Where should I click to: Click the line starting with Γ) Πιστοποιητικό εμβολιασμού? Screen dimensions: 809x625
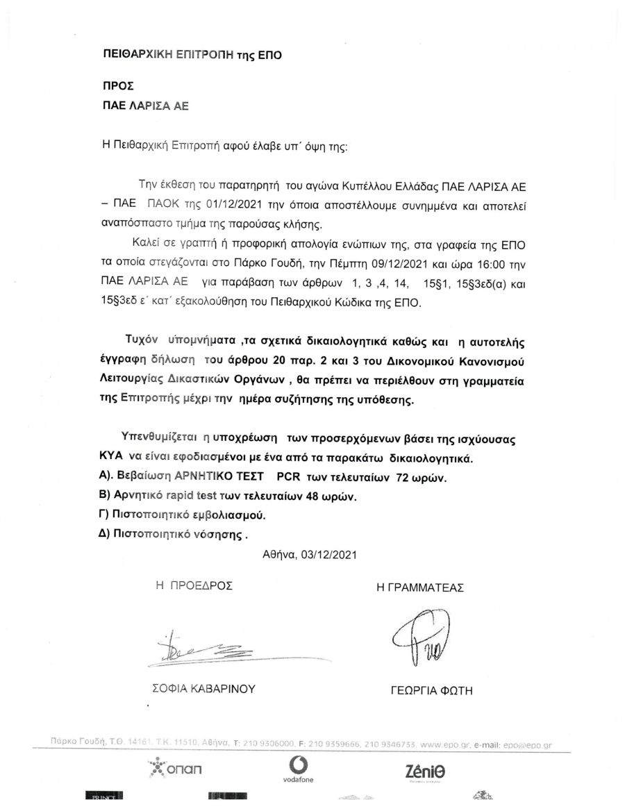(183, 516)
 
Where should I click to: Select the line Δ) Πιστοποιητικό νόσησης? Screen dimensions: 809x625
(174, 535)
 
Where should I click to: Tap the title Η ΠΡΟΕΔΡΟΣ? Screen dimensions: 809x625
(194, 585)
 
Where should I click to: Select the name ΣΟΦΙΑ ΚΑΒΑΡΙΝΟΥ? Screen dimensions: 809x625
(204, 689)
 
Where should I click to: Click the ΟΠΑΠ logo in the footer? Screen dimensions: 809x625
(177, 768)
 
